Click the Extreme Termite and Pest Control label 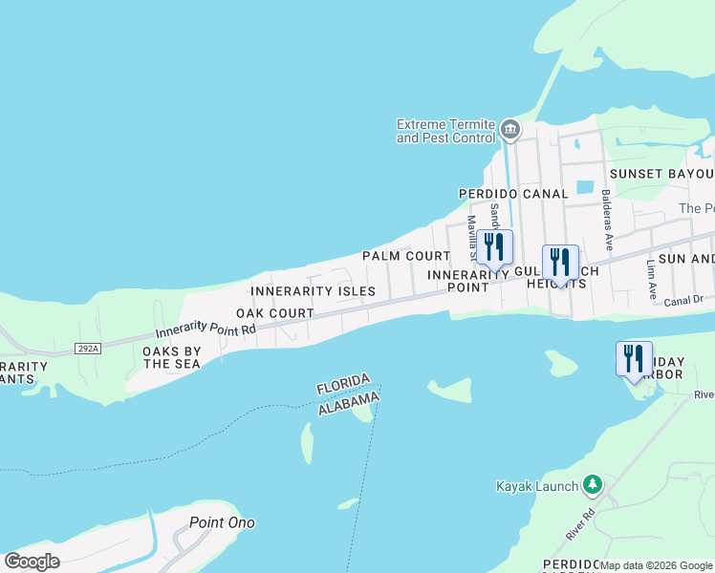(x=445, y=132)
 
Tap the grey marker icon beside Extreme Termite (x=510, y=129)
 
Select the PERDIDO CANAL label (x=513, y=194)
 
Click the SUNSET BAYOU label (x=662, y=174)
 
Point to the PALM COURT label (x=405, y=256)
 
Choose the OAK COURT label (x=275, y=313)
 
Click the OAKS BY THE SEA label (x=172, y=357)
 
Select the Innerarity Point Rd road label (x=206, y=331)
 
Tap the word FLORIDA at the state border (x=343, y=384)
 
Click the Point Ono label (x=222, y=522)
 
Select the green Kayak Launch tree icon (x=593, y=485)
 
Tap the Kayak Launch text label (x=536, y=486)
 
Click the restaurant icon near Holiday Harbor (x=635, y=359)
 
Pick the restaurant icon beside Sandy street (x=495, y=247)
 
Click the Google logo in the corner (x=32, y=562)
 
